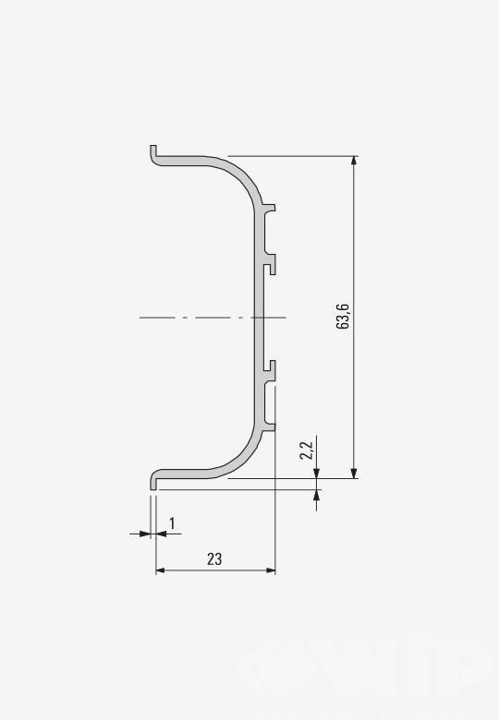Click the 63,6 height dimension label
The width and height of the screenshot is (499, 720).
[x=343, y=317]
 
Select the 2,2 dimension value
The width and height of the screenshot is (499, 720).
[x=306, y=450]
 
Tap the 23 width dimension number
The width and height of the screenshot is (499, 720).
[x=214, y=558]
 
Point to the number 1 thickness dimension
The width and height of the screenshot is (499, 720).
[x=172, y=523]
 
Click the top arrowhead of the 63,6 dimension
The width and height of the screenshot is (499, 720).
[x=353, y=161]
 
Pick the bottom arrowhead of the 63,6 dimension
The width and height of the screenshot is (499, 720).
[x=353, y=474]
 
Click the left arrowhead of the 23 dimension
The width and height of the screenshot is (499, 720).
[x=161, y=570]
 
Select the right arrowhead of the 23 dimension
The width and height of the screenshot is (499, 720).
[x=271, y=570]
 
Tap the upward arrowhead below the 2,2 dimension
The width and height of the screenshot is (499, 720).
[x=316, y=495]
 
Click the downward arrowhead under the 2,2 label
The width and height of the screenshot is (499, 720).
[x=316, y=474]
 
